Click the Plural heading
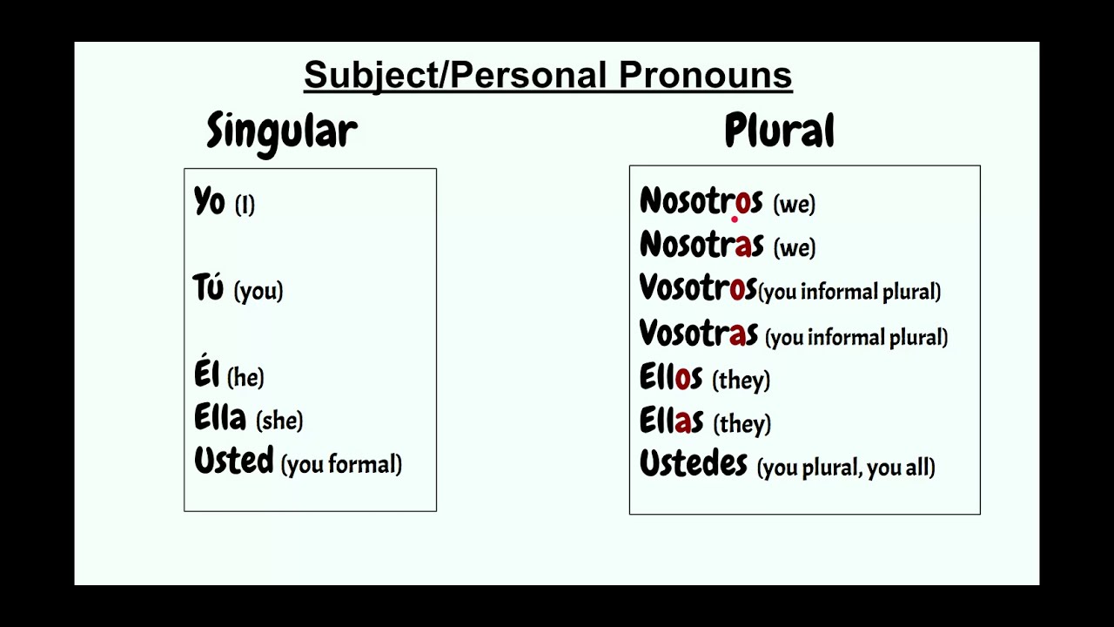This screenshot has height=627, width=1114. coord(779,131)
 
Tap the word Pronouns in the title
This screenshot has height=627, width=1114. coord(705,75)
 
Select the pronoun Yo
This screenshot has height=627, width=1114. coord(209,202)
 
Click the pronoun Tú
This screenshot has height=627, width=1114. coord(209,287)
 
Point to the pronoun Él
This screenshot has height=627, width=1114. coord(206,374)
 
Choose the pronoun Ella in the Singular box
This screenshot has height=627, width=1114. coord(220,418)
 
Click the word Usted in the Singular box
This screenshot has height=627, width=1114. coord(233,461)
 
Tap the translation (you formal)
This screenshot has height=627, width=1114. coord(341,464)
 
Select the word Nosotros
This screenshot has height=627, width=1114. coord(701,201)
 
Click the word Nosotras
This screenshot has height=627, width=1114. coord(701,245)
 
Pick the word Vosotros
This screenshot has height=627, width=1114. coord(697,288)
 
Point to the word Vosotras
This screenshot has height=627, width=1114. coord(698,333)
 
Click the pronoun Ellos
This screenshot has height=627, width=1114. coord(670,377)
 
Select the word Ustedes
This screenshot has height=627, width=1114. coord(693,463)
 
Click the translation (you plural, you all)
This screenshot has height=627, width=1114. coord(846,468)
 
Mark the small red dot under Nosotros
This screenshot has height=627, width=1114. coord(735,219)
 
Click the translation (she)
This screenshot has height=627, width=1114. coord(279,421)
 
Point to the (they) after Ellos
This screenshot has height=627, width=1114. coord(742,380)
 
